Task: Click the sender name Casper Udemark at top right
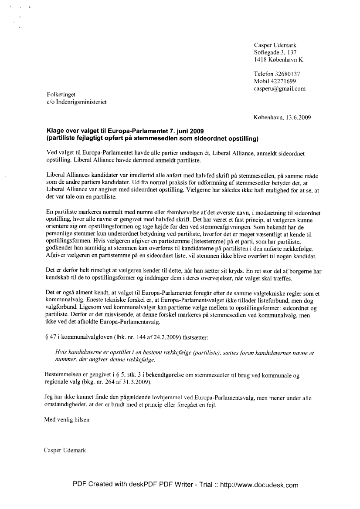[x=275, y=45]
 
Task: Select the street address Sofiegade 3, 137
[x=275, y=52]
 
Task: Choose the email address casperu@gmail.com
[x=279, y=88]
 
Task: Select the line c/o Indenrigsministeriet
[x=76, y=102]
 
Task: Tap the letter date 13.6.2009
[x=298, y=117]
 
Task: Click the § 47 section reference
[x=50, y=337]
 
